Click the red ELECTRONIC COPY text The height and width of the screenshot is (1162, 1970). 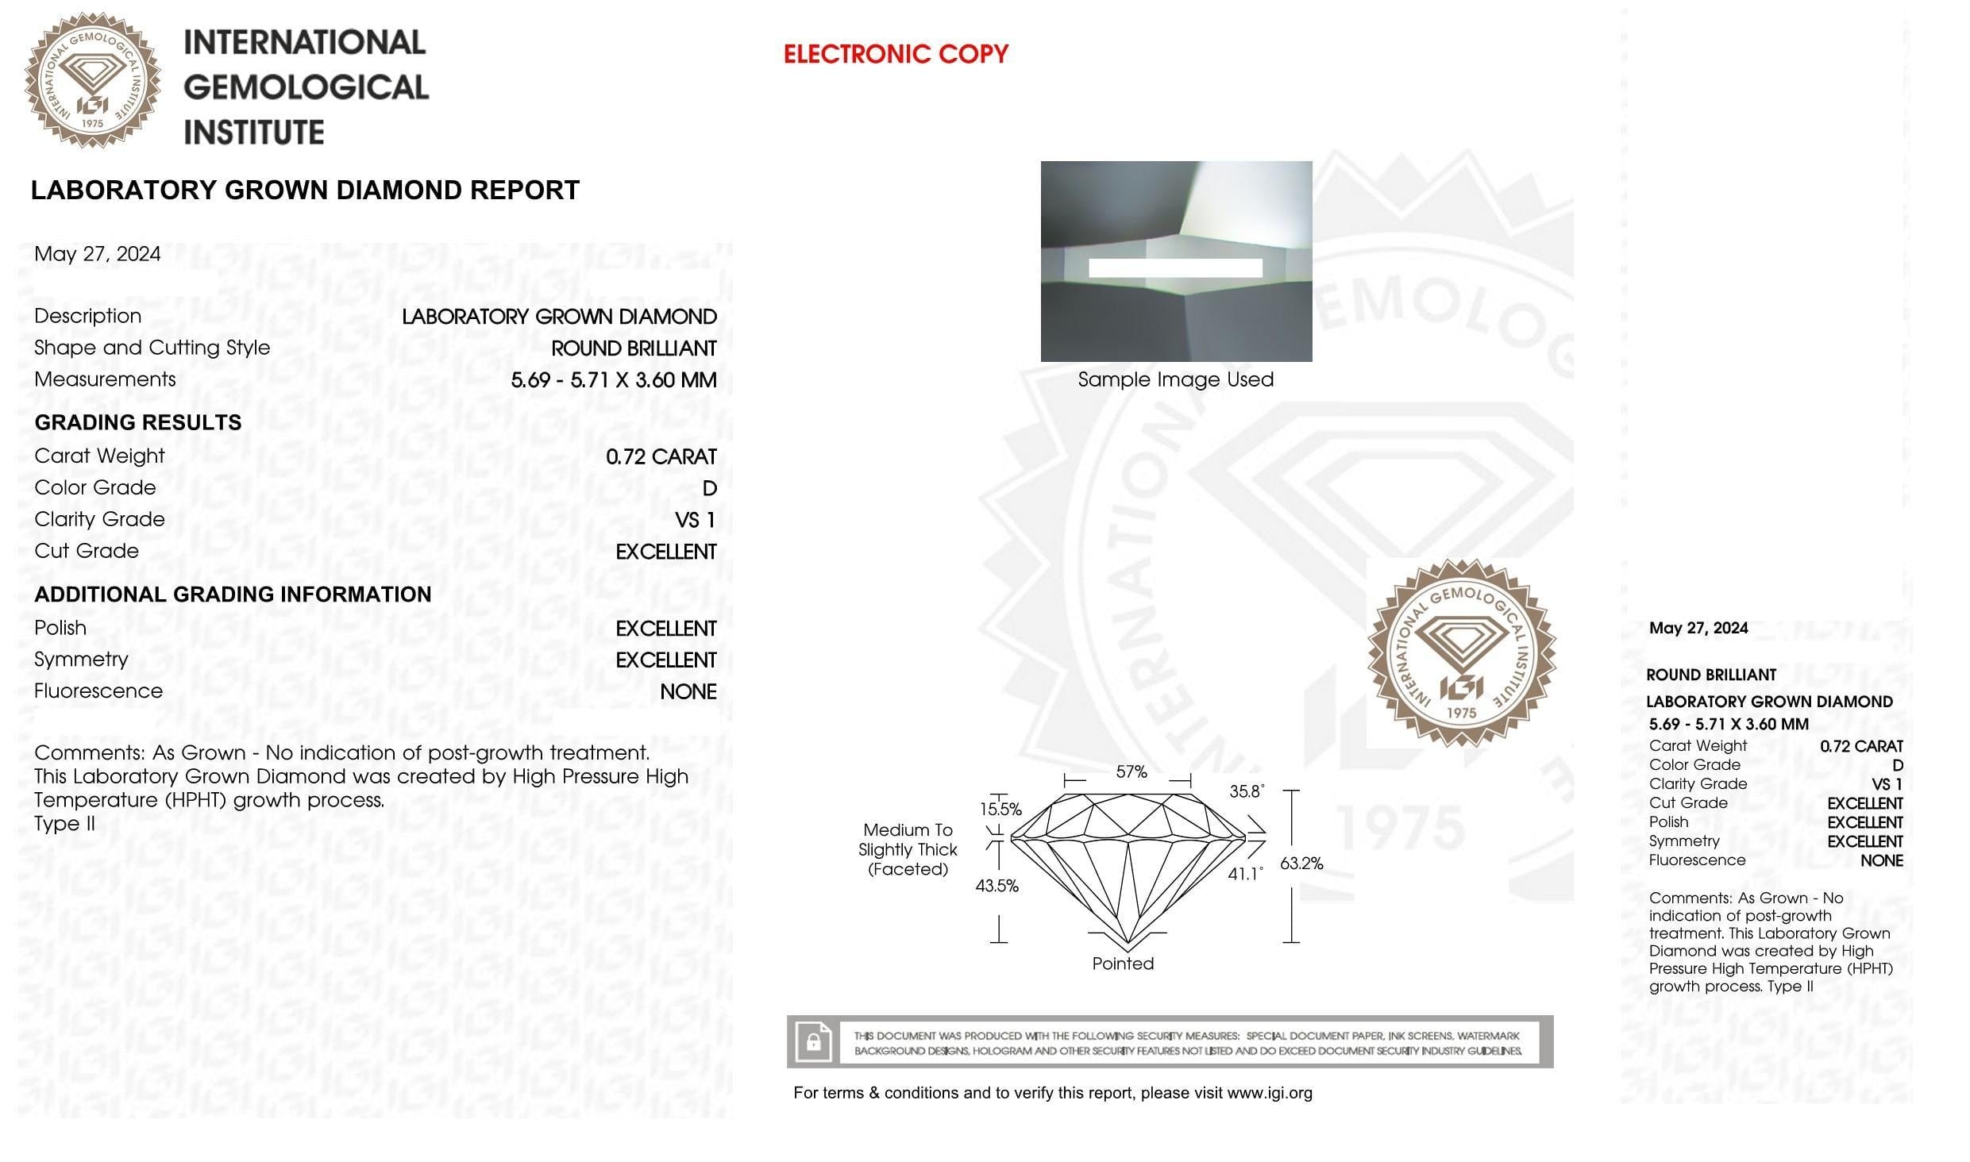(x=895, y=54)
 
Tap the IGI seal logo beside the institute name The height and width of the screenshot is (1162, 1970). (x=92, y=80)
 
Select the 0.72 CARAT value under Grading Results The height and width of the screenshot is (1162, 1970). (x=661, y=456)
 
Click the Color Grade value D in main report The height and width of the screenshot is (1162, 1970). (x=709, y=488)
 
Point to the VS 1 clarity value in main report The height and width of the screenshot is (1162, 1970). (x=695, y=520)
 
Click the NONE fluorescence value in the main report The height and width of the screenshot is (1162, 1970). (x=688, y=691)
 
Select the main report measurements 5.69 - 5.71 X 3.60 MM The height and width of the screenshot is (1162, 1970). (x=613, y=379)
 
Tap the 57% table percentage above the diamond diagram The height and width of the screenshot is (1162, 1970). (x=1131, y=771)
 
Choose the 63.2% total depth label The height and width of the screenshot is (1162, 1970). (x=1301, y=864)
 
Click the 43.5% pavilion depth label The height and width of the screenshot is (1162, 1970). (x=997, y=886)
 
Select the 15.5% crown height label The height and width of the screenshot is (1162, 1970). (x=1000, y=810)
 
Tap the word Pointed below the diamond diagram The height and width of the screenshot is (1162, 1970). (x=1123, y=964)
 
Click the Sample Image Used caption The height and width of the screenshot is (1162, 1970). (x=1175, y=379)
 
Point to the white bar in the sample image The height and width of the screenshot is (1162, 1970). (x=1175, y=267)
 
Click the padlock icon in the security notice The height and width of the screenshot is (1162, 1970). (x=813, y=1042)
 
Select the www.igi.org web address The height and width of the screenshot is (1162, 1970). (x=1269, y=1093)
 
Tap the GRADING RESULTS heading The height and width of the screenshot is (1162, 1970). (x=138, y=422)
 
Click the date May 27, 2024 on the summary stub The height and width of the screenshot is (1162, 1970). (x=1698, y=628)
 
